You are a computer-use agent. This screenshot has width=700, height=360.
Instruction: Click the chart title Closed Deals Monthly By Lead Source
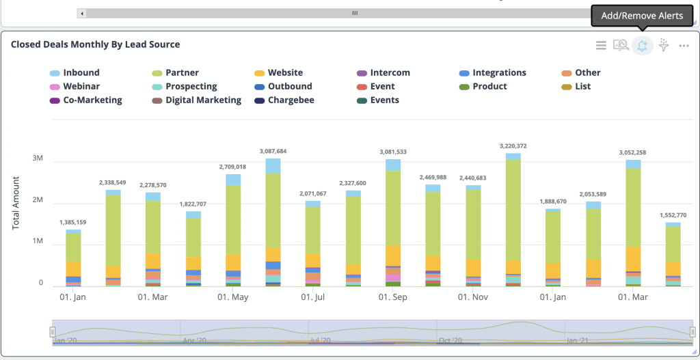coord(95,44)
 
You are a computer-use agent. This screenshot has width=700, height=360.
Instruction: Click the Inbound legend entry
coord(81,73)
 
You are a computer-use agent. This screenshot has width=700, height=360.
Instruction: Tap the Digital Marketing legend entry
coord(203,100)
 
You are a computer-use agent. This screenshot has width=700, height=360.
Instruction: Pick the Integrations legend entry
coord(499,73)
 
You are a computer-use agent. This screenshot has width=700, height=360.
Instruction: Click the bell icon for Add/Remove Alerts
coord(642,46)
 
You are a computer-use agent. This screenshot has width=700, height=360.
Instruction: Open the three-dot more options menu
coord(684,46)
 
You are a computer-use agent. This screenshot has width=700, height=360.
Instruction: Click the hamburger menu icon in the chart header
coord(601,46)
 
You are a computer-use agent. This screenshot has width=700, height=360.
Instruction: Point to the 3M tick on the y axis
coord(37,158)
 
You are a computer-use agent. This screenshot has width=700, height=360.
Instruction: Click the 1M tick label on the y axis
coord(37,242)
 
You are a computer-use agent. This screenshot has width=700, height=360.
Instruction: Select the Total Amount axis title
coord(16,203)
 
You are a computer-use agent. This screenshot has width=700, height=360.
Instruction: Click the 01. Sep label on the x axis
coord(392,297)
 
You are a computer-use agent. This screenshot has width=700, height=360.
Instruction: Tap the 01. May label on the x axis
coord(233,297)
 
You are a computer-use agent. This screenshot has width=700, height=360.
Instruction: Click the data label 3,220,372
coord(513,146)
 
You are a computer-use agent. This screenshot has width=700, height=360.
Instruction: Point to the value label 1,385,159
coord(73,223)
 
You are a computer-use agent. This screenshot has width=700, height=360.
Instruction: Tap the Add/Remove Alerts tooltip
coord(642,16)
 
